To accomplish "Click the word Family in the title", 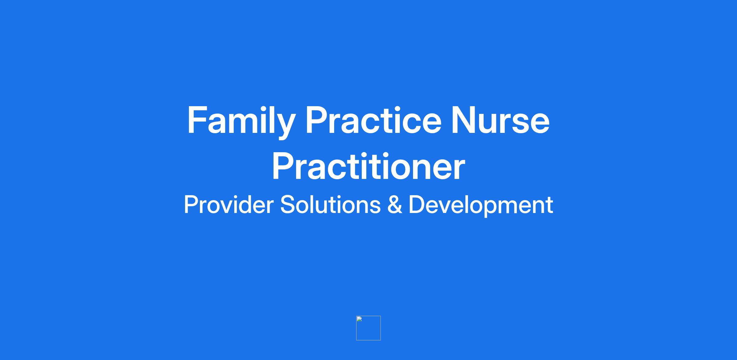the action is [x=241, y=122].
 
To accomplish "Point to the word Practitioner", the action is [x=368, y=166].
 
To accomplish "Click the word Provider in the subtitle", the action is [x=228, y=204].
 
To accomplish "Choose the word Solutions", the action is [x=330, y=204].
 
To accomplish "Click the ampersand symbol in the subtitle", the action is [x=395, y=205].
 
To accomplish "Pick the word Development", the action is [x=481, y=206].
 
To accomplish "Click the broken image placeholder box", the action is [x=368, y=328].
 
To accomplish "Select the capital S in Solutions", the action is [x=287, y=204].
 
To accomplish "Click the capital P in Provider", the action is [x=191, y=204].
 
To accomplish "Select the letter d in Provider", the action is [x=240, y=204].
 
